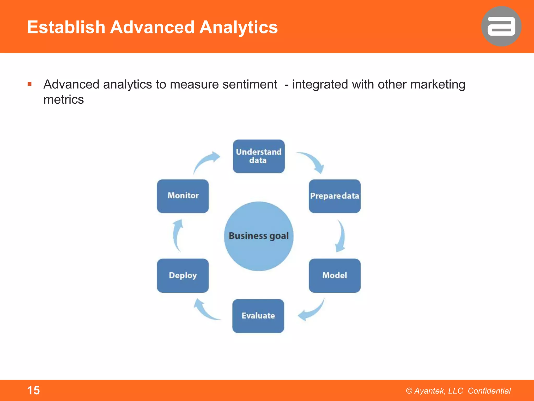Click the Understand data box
(259, 156)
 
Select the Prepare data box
(335, 196)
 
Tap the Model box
(335, 275)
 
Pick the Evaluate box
(258, 316)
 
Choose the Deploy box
(183, 275)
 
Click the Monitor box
(183, 196)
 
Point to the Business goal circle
(259, 236)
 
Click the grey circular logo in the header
(501, 26)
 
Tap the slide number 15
(33, 390)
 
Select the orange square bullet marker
(29, 84)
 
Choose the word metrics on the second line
(64, 100)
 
